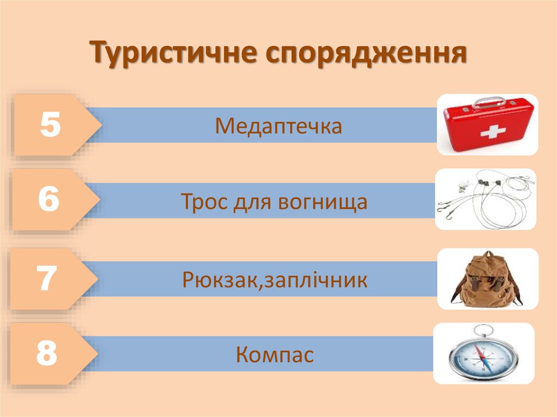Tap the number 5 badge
49,125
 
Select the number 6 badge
48,200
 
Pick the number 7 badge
47,279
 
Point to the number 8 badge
47,353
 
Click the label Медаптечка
278,126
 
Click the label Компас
275,356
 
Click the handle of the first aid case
488,101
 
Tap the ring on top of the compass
482,330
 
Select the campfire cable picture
486,199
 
